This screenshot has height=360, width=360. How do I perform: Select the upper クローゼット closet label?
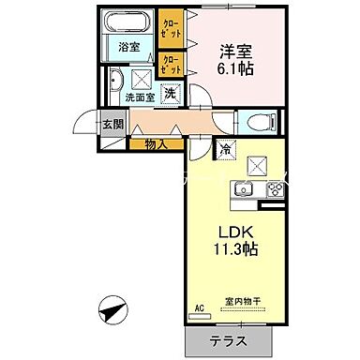172,29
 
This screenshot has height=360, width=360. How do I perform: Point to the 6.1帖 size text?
234,68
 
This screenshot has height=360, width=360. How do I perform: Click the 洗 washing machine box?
170,92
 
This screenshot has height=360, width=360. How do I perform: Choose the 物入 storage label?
157,143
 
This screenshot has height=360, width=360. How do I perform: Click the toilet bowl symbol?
257,121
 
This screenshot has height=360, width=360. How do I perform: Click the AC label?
199,307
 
